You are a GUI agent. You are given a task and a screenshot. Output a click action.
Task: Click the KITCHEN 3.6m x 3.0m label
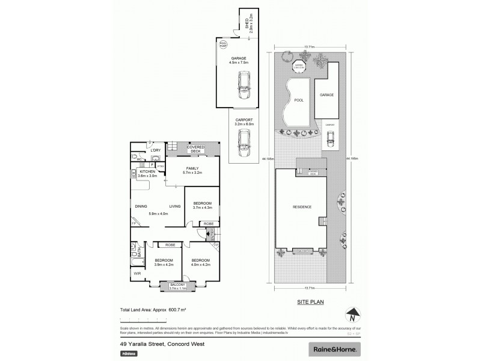(x=148, y=174)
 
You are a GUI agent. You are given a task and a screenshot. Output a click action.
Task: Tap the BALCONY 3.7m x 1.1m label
(x=177, y=286)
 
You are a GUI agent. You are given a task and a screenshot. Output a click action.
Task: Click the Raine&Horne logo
(x=335, y=349)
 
